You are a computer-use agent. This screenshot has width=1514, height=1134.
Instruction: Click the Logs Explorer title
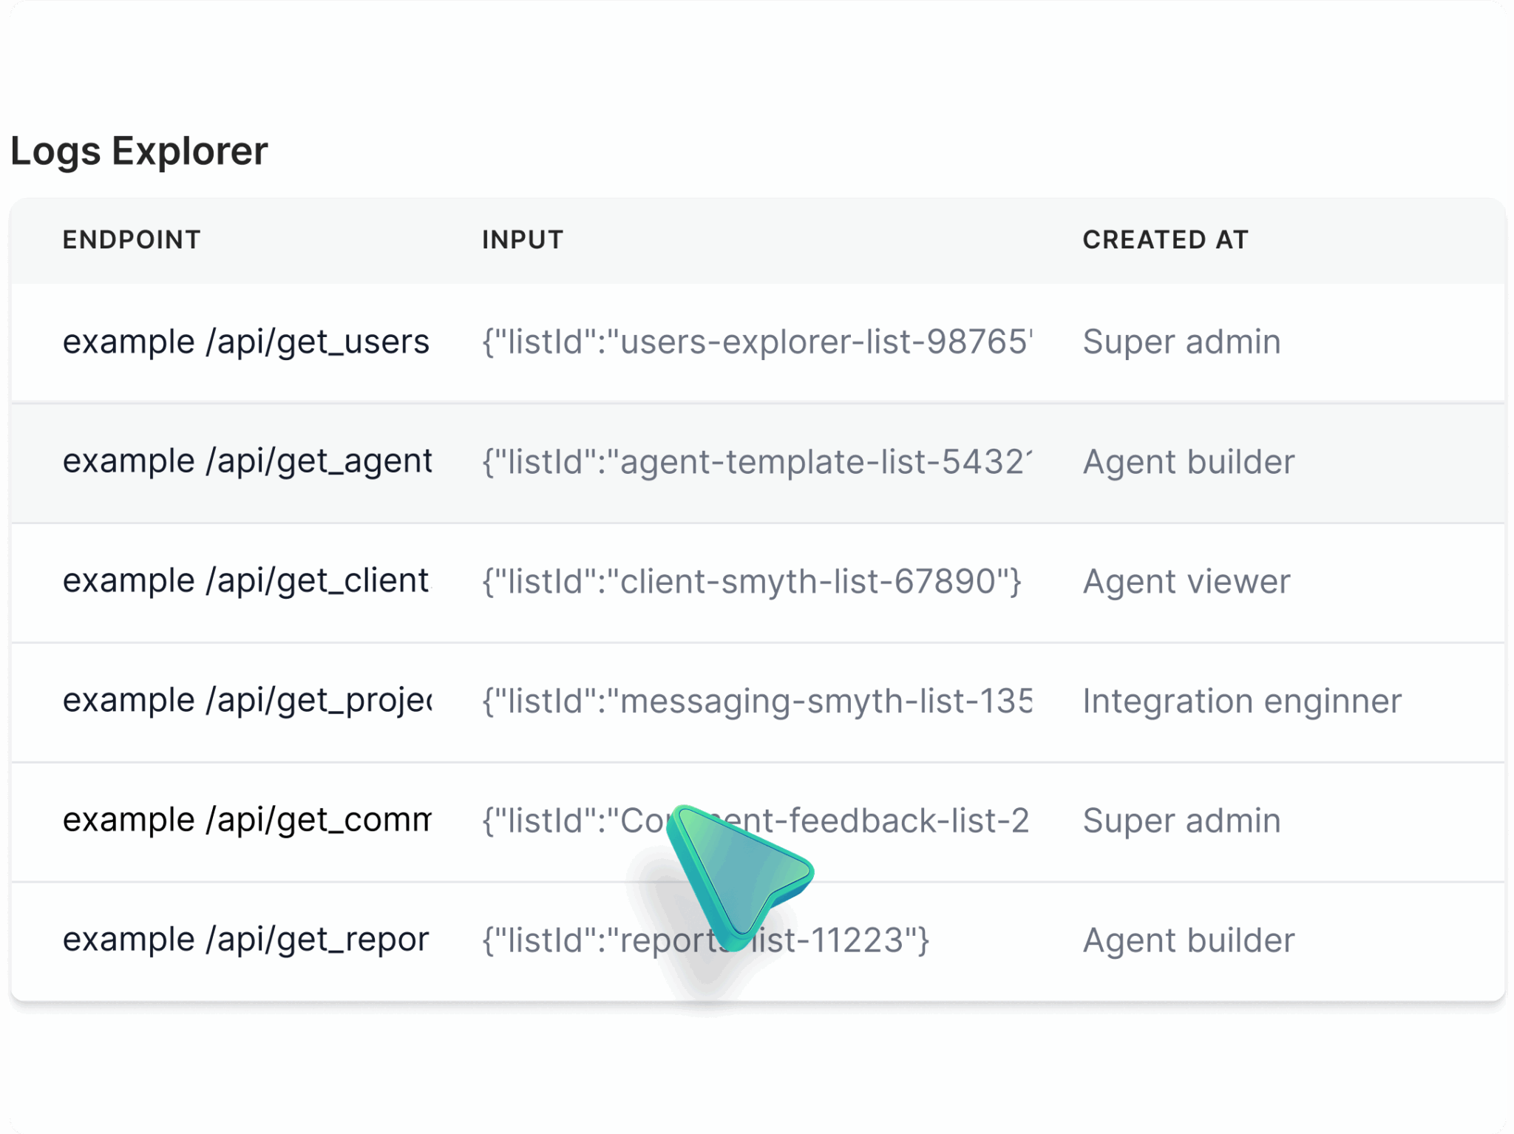tap(139, 152)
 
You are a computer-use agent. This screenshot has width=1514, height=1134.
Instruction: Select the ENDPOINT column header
tap(132, 240)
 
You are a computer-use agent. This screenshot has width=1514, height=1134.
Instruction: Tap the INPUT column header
tap(523, 240)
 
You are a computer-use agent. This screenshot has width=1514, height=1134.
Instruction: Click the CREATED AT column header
tap(1165, 240)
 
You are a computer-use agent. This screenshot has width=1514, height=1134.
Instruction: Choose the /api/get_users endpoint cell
tap(245, 342)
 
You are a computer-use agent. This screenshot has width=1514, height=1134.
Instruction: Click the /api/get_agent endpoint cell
tap(247, 461)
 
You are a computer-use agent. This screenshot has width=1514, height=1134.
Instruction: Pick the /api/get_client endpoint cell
tap(245, 581)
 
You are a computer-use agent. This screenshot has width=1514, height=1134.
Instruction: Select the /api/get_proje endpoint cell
tap(247, 701)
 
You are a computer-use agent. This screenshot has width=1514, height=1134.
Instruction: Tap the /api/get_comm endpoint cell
tap(247, 821)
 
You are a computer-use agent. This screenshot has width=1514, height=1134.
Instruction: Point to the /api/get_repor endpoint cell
tap(245, 940)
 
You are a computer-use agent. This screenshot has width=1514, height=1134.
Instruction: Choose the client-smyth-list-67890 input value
tap(751, 582)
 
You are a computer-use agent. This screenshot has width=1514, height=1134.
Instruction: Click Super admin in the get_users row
tap(1181, 342)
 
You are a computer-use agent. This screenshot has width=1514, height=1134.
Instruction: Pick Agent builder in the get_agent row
tap(1188, 462)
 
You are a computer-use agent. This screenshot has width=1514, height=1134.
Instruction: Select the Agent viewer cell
tap(1186, 582)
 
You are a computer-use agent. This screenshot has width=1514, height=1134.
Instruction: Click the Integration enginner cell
tap(1241, 702)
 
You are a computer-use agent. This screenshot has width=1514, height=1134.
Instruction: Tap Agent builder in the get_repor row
tap(1188, 941)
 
